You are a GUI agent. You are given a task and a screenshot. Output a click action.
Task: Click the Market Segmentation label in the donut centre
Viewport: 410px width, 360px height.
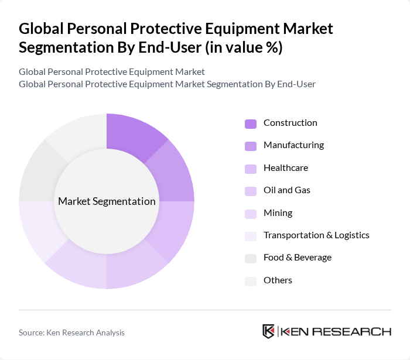click(x=107, y=201)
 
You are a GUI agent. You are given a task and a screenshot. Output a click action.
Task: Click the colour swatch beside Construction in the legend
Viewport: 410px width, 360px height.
click(x=250, y=124)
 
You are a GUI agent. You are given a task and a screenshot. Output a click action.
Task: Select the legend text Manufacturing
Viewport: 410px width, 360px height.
click(x=293, y=145)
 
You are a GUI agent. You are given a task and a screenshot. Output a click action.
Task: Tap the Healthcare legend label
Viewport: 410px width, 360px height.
click(x=285, y=168)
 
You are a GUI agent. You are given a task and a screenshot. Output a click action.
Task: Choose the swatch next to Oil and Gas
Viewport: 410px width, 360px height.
click(x=250, y=191)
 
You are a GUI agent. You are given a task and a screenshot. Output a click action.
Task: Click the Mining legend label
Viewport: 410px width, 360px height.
click(x=278, y=213)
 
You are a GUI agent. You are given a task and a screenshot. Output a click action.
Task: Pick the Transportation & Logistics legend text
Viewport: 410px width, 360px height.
click(x=316, y=235)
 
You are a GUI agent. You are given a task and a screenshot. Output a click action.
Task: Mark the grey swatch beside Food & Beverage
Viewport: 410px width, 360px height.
click(x=250, y=258)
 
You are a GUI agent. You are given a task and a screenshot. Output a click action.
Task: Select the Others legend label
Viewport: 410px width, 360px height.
click(x=278, y=280)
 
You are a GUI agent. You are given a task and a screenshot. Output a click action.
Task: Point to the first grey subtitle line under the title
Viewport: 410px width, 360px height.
click(x=112, y=71)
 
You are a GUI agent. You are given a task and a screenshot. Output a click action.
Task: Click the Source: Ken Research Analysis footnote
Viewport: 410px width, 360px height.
click(x=71, y=332)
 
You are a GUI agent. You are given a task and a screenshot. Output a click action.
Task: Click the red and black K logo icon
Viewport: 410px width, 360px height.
click(x=268, y=331)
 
